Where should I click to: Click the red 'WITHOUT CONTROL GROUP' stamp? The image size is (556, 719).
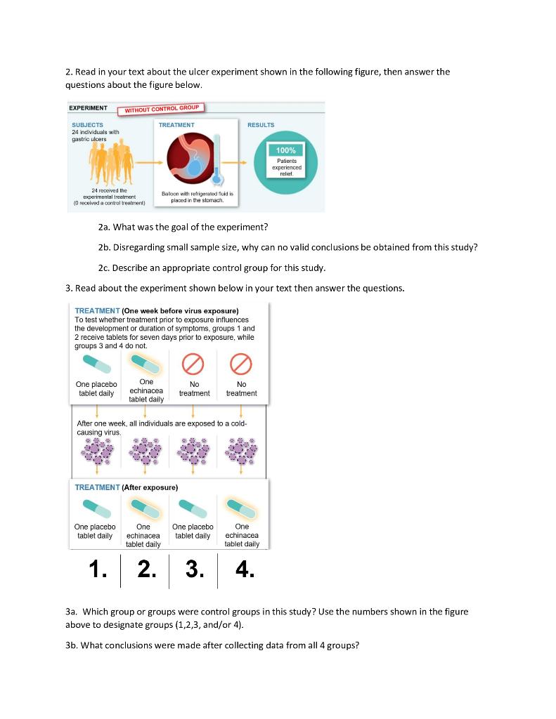tap(163, 109)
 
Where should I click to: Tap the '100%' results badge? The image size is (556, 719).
tap(286, 150)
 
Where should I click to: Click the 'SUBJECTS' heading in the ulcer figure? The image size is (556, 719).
tap(87, 124)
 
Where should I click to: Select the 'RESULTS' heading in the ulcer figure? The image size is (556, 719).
tap(261, 124)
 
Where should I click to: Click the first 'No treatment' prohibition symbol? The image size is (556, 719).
tap(194, 364)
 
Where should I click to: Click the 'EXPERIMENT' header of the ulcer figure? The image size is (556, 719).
tap(88, 108)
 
